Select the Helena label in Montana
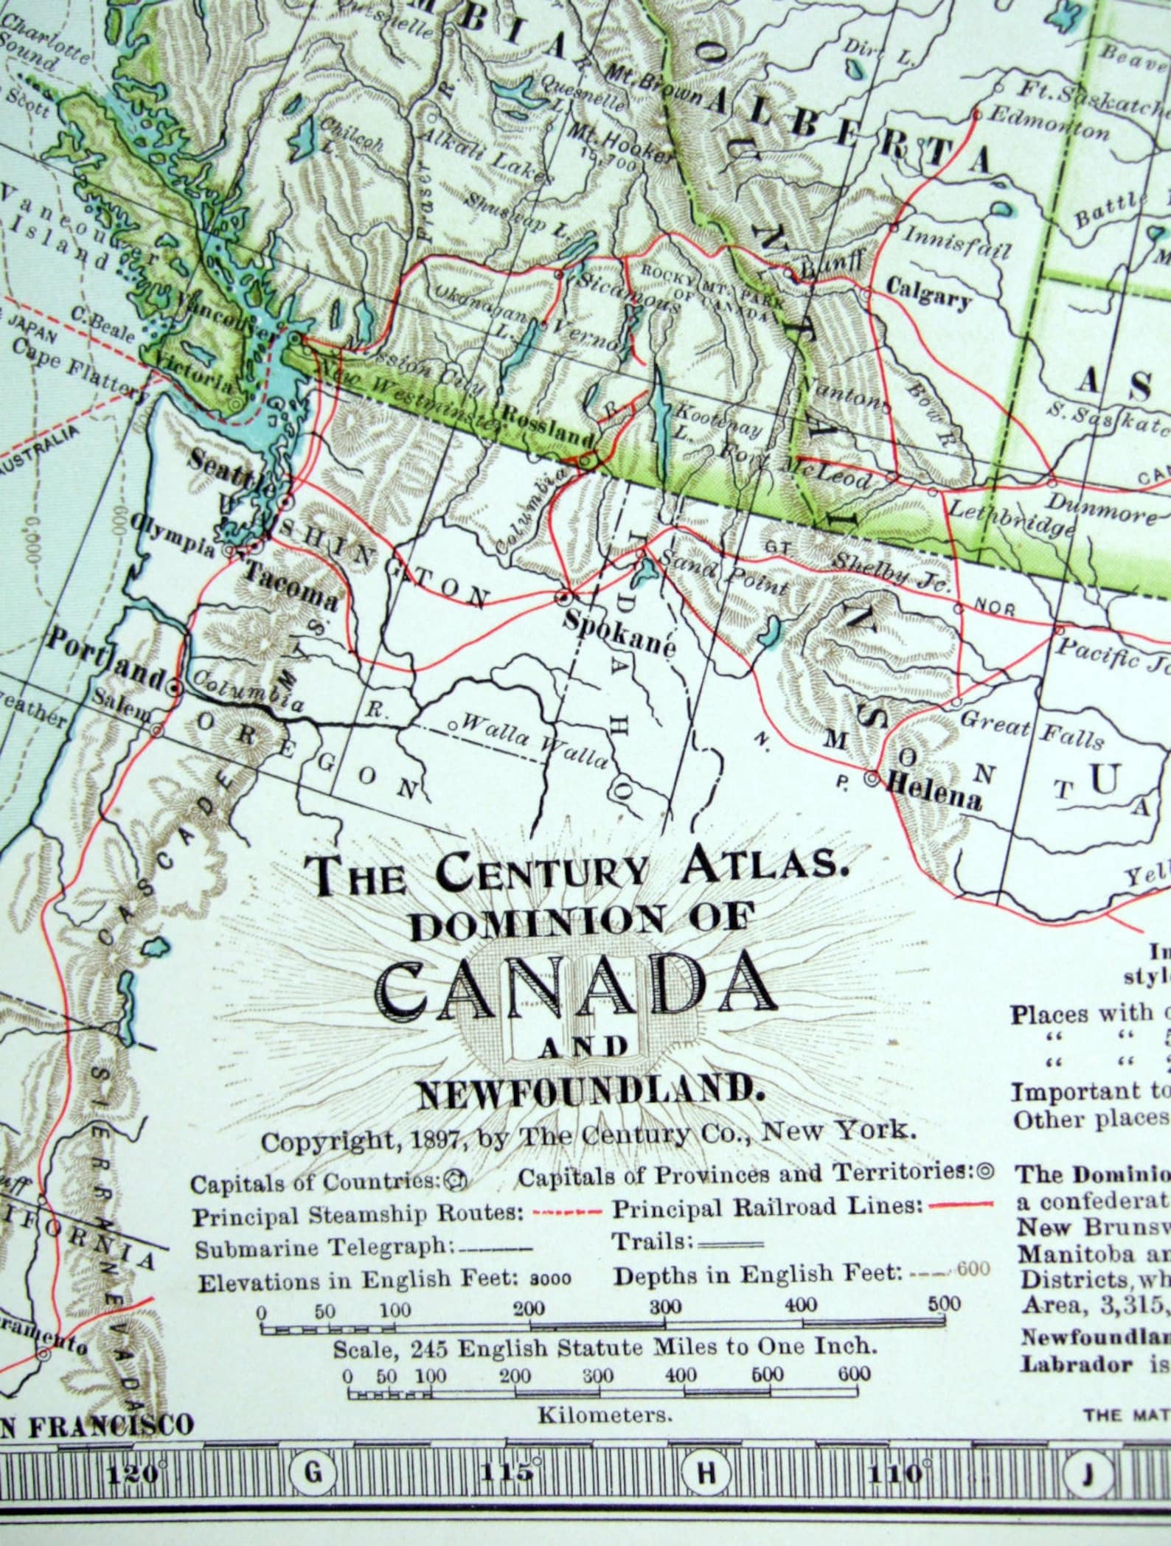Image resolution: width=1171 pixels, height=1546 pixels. pyautogui.click(x=934, y=799)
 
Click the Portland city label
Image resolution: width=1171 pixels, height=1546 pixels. pyautogui.click(x=105, y=651)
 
